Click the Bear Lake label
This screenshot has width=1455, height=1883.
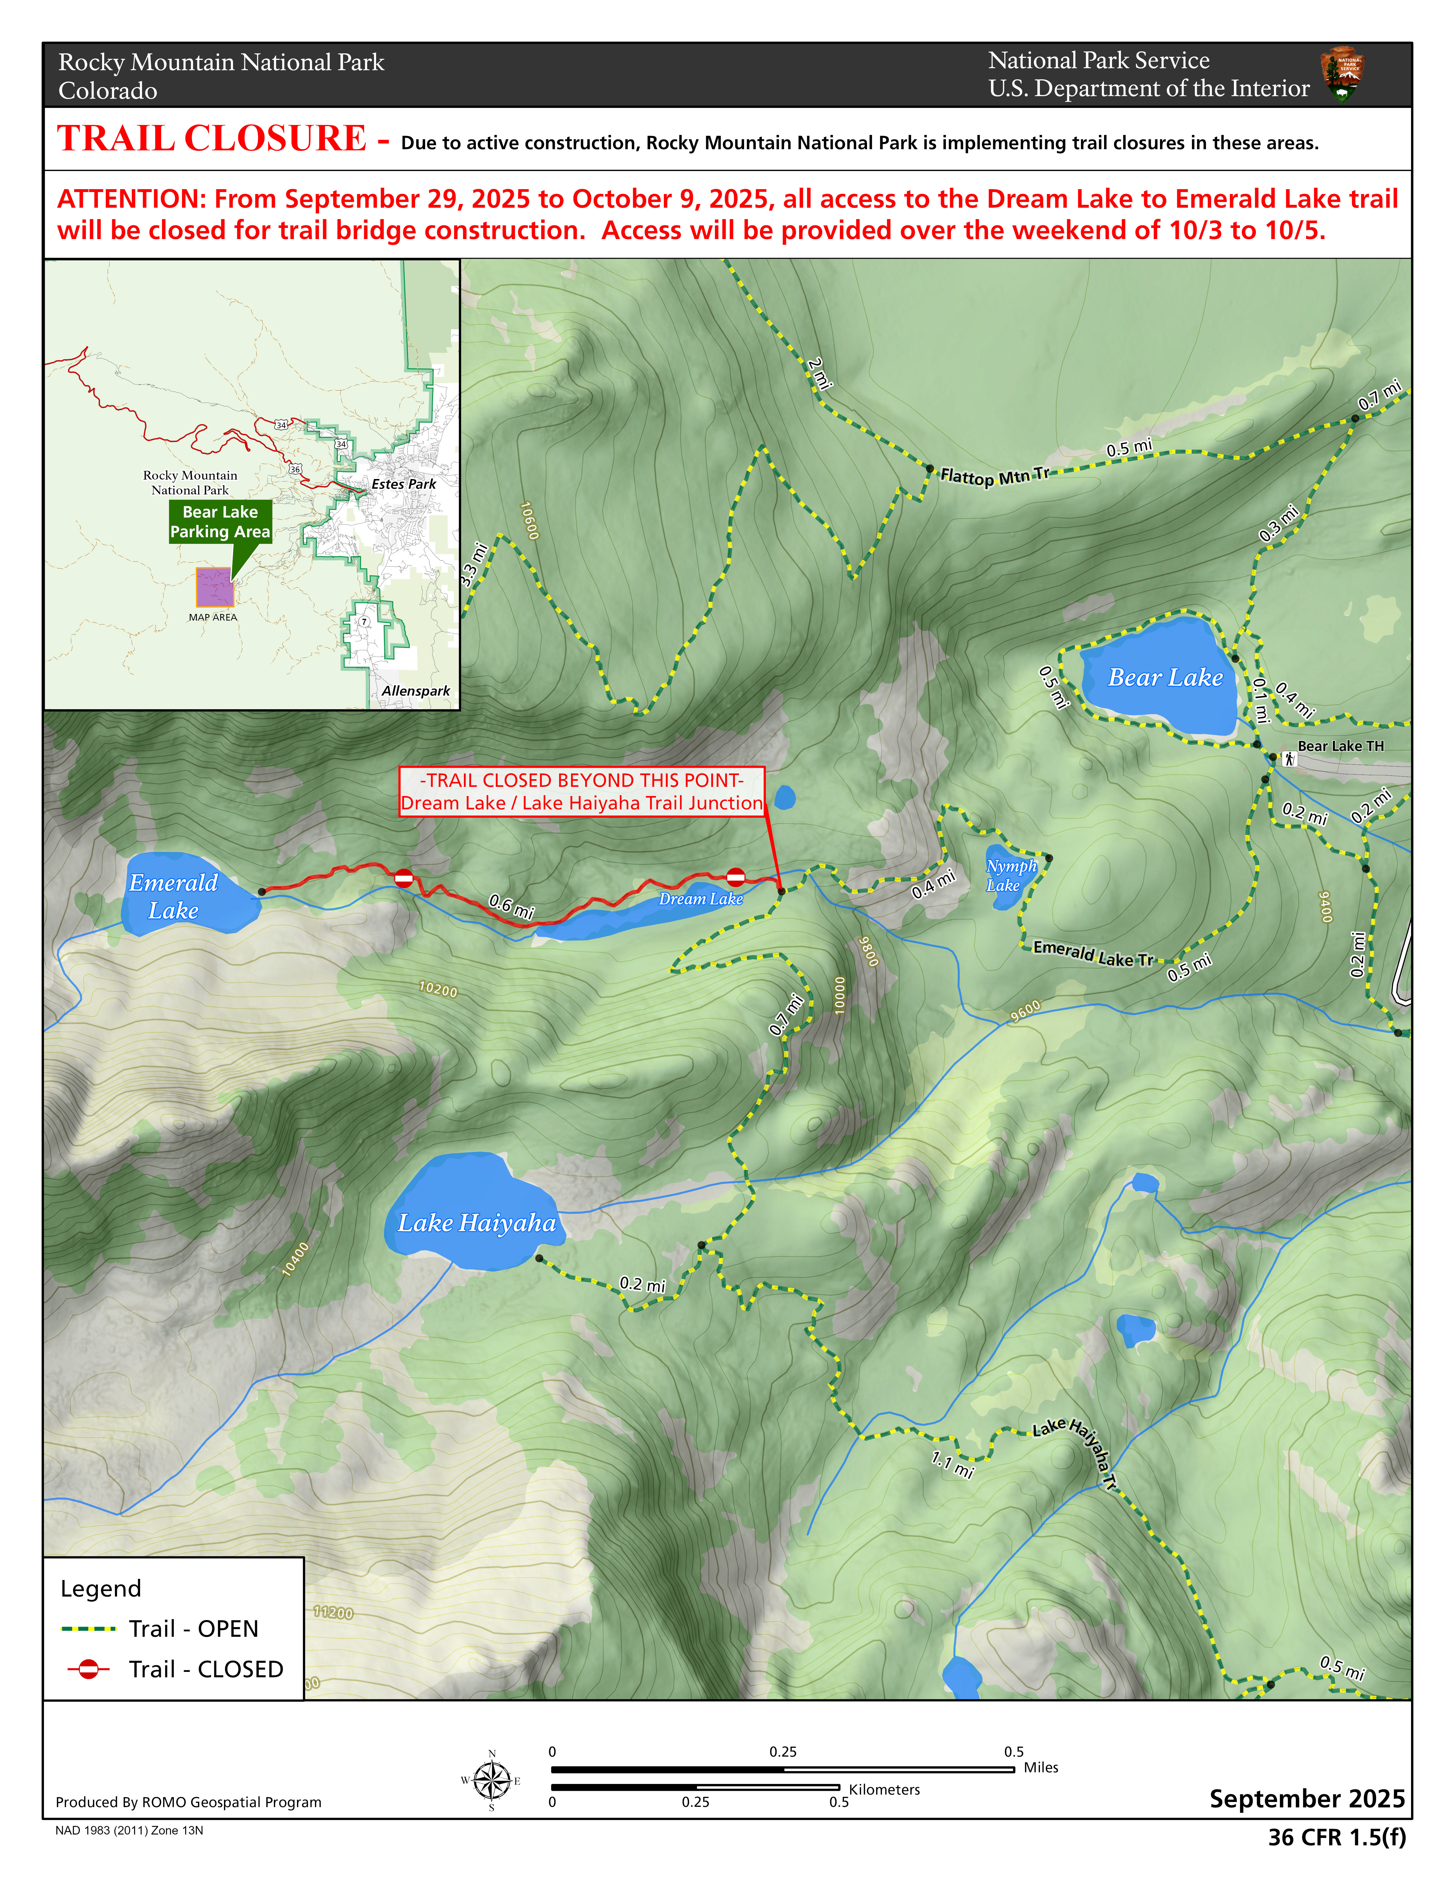coord(1165,678)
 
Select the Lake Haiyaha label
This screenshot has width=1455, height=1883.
coord(477,1223)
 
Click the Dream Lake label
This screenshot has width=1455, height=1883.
coord(701,898)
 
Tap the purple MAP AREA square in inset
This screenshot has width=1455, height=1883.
coord(214,587)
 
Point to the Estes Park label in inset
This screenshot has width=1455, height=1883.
coord(403,484)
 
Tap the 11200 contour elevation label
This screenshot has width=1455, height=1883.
coord(333,1612)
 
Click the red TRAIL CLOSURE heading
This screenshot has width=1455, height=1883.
coord(212,139)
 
